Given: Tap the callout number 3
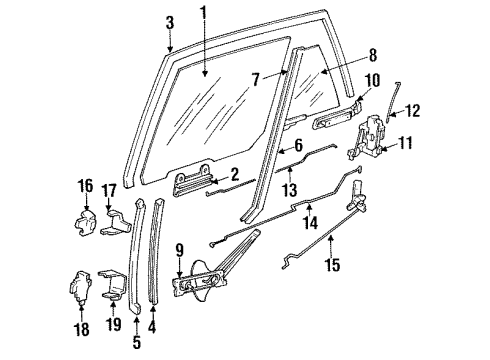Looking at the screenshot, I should click(x=169, y=23).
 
